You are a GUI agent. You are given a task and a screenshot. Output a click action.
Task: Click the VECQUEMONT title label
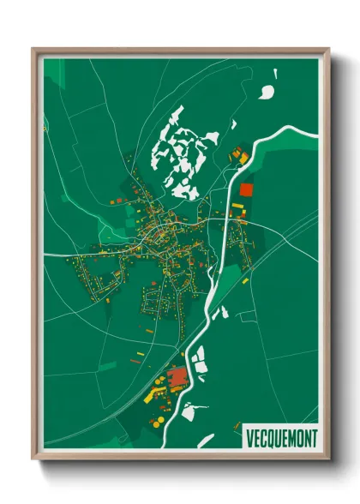(x=280, y=437)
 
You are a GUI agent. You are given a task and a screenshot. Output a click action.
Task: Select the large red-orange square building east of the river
(x=247, y=189)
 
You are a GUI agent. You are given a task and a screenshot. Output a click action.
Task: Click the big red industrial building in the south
(x=178, y=377)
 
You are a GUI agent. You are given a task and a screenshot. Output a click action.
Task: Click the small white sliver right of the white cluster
(x=231, y=125)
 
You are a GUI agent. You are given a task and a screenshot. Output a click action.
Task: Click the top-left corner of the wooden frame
(x=33, y=49)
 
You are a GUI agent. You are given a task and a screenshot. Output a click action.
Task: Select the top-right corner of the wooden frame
(x=329, y=49)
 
